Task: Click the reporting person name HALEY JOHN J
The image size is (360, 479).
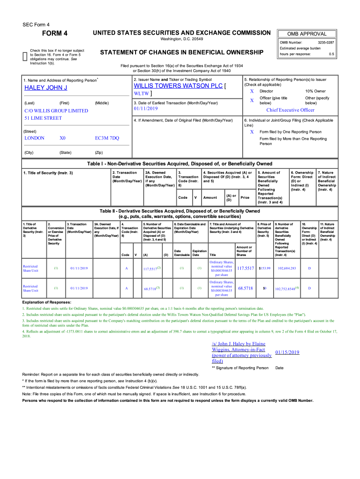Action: (x=46, y=88)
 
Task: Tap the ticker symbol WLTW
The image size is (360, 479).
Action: (x=140, y=94)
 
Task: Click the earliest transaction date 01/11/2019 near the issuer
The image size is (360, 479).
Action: (x=146, y=109)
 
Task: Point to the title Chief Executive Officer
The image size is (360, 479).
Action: (x=290, y=110)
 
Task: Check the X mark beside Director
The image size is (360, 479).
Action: (x=252, y=91)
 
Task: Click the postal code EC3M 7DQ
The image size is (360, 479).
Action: (x=107, y=138)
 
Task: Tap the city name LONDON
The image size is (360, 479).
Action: (x=35, y=138)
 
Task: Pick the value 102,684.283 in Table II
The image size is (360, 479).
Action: (x=287, y=269)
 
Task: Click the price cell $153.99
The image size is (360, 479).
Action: (x=265, y=269)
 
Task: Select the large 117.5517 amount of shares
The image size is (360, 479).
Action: (x=245, y=269)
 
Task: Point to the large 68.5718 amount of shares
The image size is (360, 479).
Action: (x=245, y=288)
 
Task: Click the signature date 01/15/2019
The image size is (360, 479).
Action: (x=288, y=352)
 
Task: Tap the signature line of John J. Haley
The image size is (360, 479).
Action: (x=241, y=352)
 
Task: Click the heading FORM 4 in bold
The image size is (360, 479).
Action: (x=55, y=33)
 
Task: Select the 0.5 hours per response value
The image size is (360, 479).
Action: (x=331, y=54)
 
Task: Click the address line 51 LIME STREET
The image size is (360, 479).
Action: (x=43, y=118)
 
